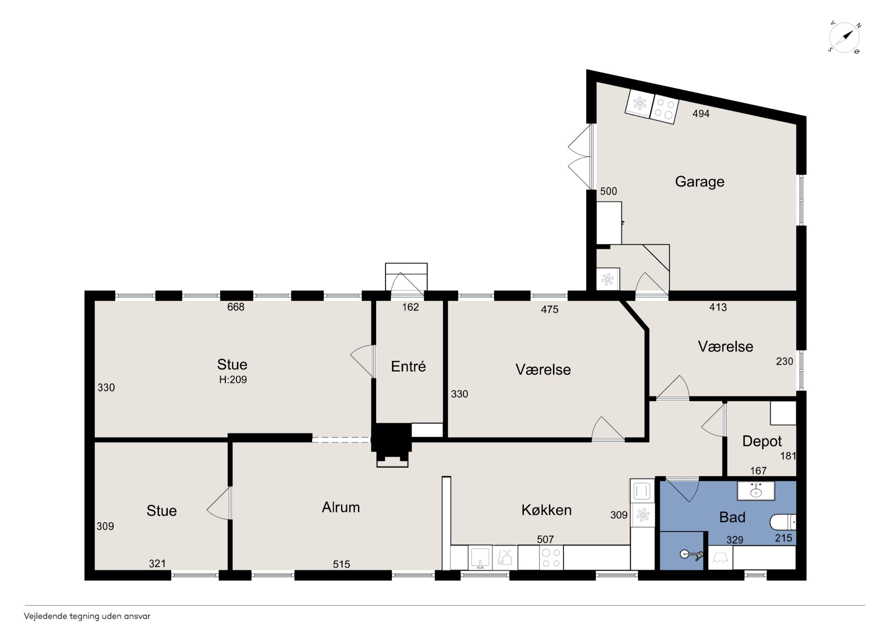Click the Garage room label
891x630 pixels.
click(699, 182)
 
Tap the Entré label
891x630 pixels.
click(408, 366)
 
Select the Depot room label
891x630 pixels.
click(762, 442)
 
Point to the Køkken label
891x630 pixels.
click(546, 510)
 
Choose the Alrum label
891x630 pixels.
click(341, 507)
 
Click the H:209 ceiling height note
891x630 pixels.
click(233, 380)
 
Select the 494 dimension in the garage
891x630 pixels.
click(701, 113)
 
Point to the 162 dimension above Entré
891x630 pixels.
click(411, 307)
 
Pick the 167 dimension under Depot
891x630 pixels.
click(758, 471)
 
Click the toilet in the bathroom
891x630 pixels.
click(783, 522)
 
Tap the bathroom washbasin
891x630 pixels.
click(756, 491)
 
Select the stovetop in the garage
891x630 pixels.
click(664, 109)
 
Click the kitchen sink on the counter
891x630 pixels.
click(480, 557)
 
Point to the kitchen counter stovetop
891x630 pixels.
click(551, 557)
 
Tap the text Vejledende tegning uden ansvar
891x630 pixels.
click(87, 616)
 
